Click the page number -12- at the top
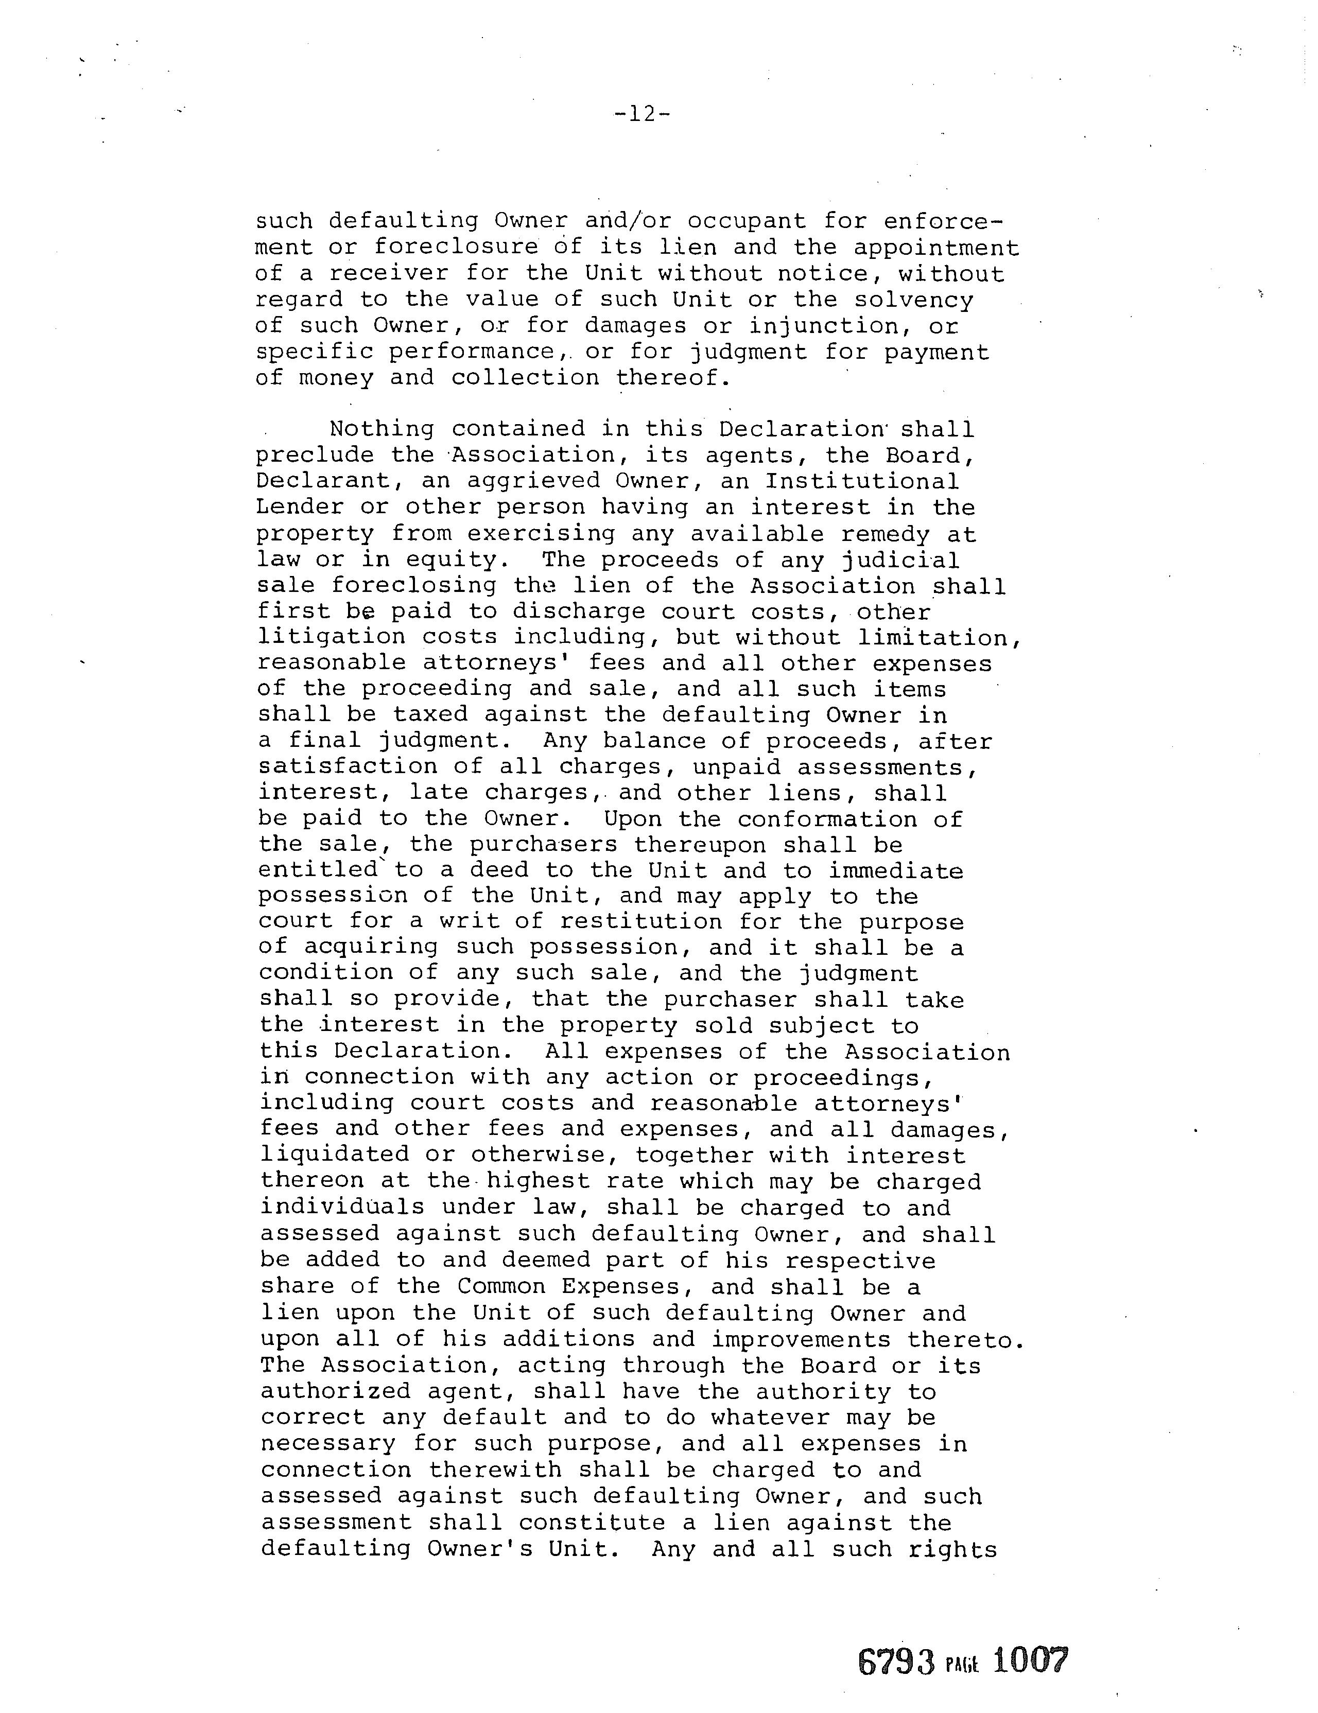click(x=643, y=114)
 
